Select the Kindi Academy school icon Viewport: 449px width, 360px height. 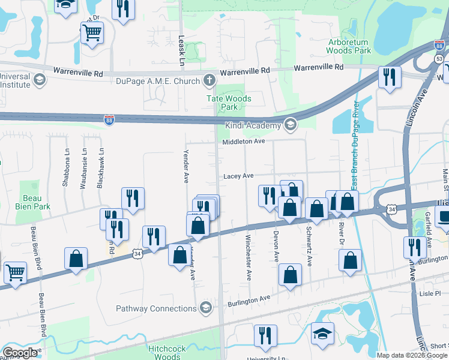coord(291,125)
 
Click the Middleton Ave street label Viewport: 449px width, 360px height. coord(243,142)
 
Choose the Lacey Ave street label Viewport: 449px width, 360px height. coord(238,176)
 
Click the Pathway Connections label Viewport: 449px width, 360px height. coord(157,309)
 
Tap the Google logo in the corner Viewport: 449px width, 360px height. coord(20,353)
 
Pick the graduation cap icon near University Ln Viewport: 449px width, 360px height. coord(322,334)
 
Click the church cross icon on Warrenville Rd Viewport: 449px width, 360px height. coord(209,80)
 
